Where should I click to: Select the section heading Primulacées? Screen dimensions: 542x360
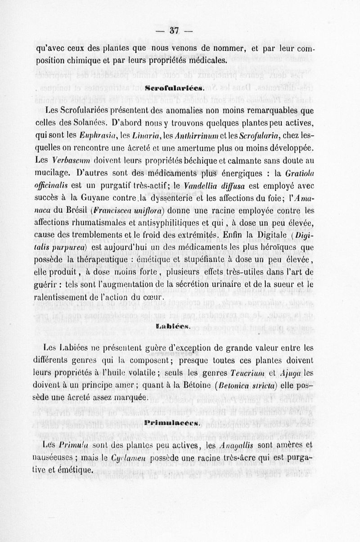172,423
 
